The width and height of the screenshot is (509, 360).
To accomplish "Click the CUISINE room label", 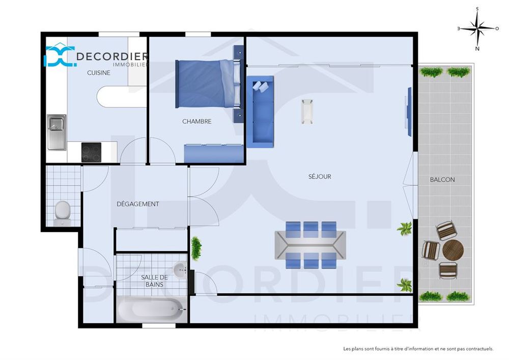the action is click(99, 73).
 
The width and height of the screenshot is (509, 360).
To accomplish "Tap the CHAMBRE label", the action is click(196, 121).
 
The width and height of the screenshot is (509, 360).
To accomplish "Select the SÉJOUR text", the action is click(320, 176).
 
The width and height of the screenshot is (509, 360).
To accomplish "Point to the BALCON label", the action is click(442, 180).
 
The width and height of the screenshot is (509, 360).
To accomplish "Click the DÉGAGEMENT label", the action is click(137, 204).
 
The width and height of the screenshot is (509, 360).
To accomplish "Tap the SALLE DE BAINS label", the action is click(155, 281).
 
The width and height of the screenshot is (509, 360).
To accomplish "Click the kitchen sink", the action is click(57, 132).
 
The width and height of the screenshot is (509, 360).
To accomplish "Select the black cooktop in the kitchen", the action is click(91, 152).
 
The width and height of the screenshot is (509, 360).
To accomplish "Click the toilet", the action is click(63, 213).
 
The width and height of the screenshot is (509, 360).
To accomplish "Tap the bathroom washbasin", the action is click(180, 269).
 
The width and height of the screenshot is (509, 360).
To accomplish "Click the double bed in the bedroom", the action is click(208, 84).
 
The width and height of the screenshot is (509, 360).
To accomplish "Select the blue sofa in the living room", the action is click(260, 112).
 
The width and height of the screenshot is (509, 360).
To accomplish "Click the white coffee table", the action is click(307, 112).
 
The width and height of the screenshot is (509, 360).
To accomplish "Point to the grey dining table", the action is click(310, 245).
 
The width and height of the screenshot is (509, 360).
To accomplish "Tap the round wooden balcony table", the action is click(453, 250).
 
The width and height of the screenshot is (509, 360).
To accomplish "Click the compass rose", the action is click(477, 29).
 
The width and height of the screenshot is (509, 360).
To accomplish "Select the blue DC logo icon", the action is click(60, 56).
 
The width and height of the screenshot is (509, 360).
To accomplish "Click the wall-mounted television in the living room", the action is click(409, 112).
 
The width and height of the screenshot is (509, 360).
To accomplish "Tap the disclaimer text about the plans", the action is click(418, 349).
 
